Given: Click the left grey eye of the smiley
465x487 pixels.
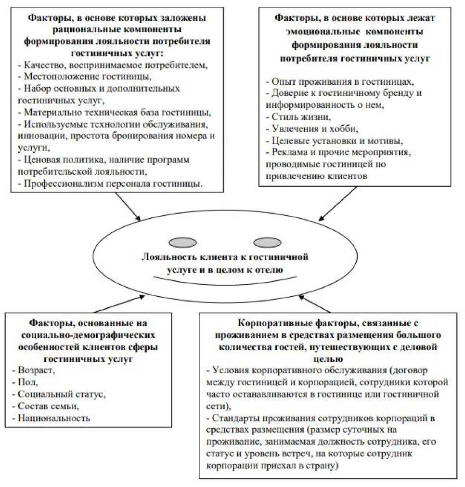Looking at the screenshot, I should pyautogui.click(x=182, y=242).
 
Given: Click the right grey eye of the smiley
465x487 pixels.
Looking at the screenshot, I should pyautogui.click(x=267, y=242).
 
